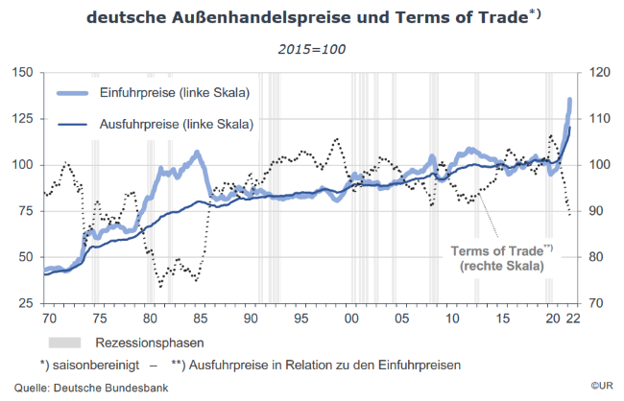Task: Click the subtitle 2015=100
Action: click(x=312, y=49)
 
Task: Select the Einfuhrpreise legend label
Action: click(x=174, y=93)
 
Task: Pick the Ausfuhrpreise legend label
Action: click(x=176, y=124)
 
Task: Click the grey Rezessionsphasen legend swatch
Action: click(x=66, y=341)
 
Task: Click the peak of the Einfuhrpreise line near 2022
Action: click(x=571, y=100)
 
